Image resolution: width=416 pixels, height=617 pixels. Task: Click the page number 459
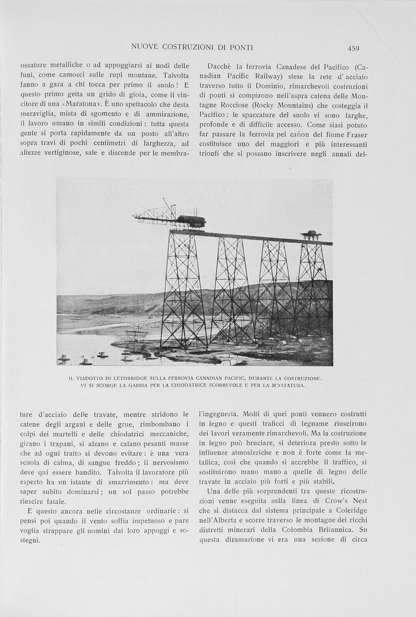pos(353,48)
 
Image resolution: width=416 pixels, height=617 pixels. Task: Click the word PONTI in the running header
pos(242,47)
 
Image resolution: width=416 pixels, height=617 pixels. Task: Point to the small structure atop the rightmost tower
pos(311,235)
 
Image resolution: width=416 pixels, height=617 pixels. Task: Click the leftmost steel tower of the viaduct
pos(184,290)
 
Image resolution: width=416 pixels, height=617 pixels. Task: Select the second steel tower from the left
pos(232,290)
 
